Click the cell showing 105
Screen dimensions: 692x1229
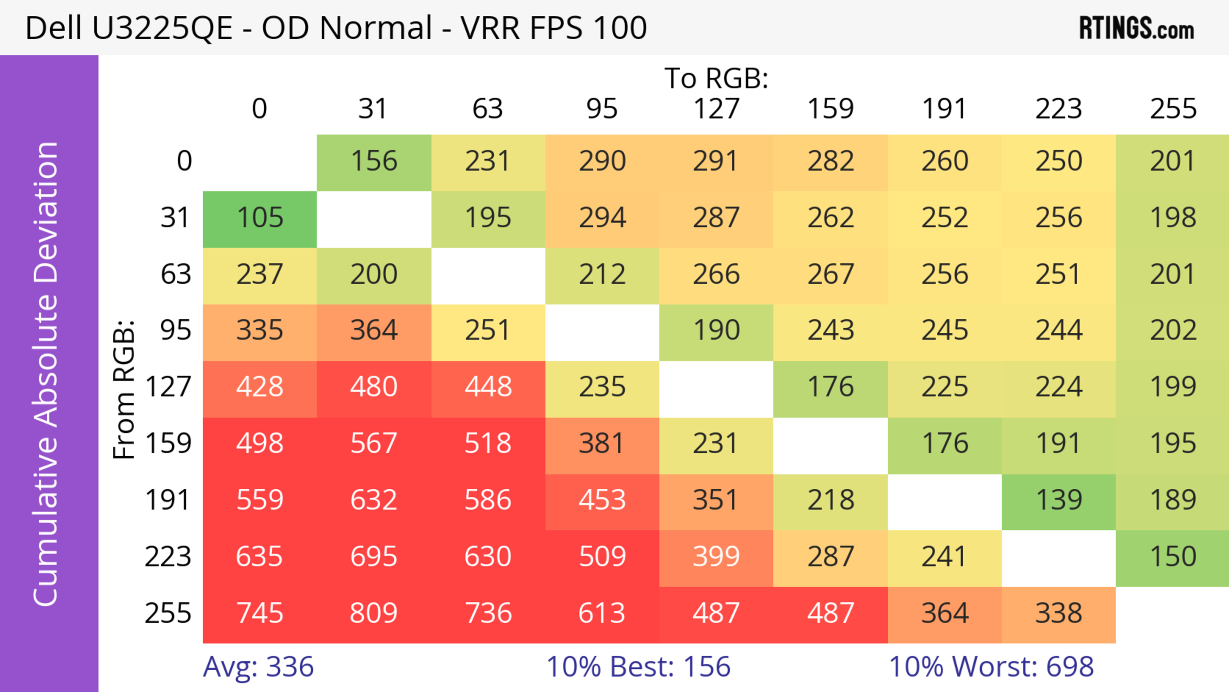tap(260, 218)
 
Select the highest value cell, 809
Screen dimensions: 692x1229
tap(374, 613)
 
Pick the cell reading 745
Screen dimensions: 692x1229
tap(260, 613)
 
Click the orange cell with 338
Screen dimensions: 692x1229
tap(1059, 613)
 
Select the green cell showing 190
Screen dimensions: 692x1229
tap(716, 330)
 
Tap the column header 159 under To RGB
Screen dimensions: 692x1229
tap(830, 109)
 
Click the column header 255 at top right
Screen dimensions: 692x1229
tap(1173, 109)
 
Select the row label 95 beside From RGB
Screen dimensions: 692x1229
tap(176, 330)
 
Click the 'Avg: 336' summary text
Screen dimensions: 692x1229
tap(258, 667)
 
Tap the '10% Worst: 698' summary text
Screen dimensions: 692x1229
tap(991, 667)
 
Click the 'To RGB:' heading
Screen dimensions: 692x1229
tap(716, 78)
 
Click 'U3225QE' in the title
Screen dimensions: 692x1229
tap(162, 28)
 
